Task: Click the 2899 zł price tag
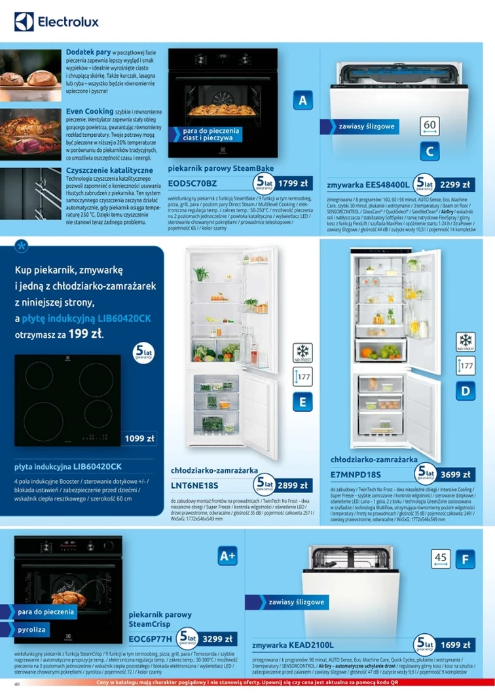coord(292,485)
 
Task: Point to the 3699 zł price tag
coord(455,475)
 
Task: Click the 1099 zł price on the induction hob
coord(140,438)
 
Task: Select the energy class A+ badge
coord(227,557)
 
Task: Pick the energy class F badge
coord(464,560)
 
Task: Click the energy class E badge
coord(302,401)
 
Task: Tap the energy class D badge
coord(465,392)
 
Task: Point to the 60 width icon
coord(430,125)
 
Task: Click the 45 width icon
coord(441,558)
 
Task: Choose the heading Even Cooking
coord(90,112)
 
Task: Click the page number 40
coord(18,684)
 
